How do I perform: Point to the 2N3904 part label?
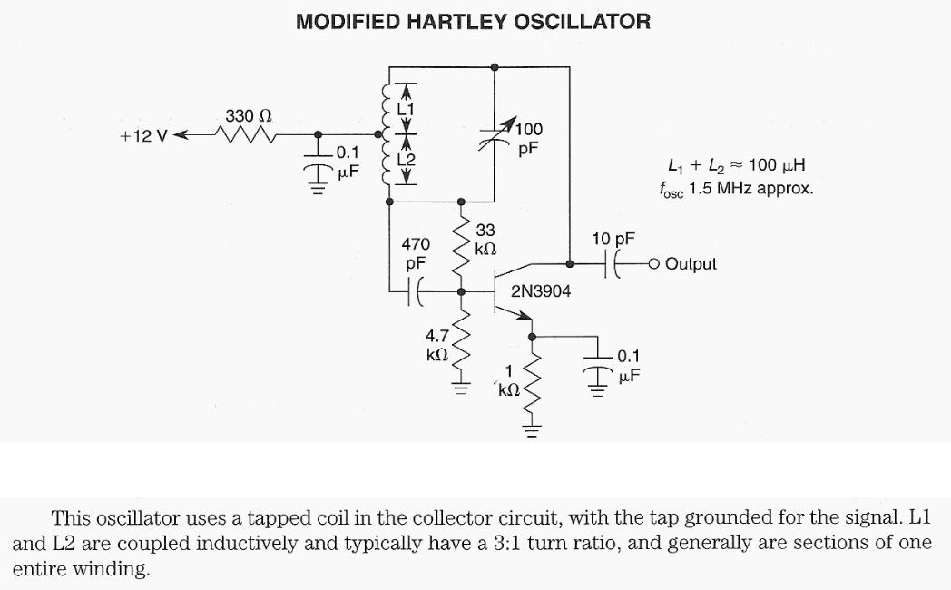coord(541,291)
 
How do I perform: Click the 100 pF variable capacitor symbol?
coord(495,136)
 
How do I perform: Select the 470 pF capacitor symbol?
coord(417,291)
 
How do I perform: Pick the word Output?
coord(691,264)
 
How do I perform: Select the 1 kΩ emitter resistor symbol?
coord(531,382)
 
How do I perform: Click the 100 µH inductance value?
coord(777,165)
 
